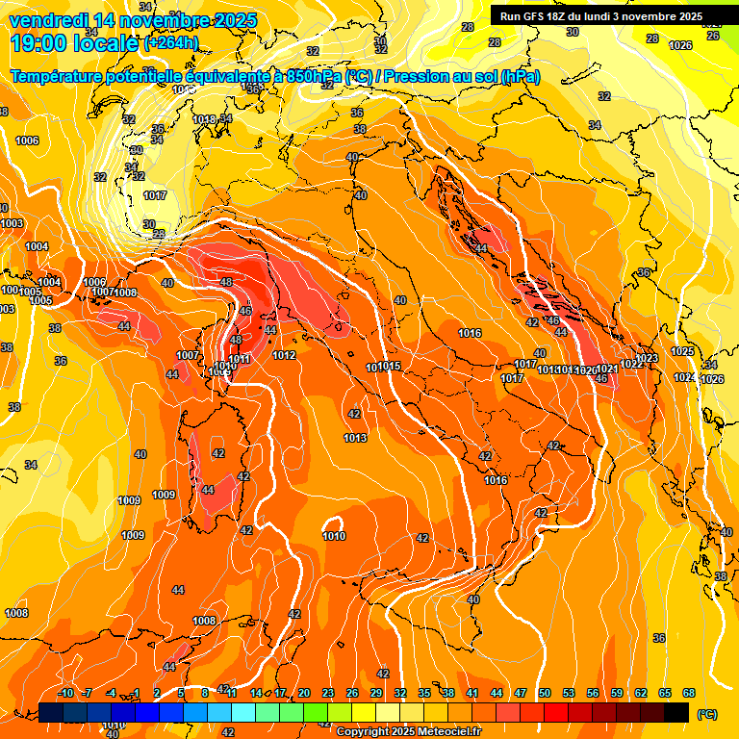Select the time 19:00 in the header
tap(38, 43)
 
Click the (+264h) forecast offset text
tap(170, 43)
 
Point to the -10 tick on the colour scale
tap(65, 693)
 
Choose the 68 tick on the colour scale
tap(688, 693)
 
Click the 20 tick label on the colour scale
tap(304, 693)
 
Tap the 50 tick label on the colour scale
tap(544, 693)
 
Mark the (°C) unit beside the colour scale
tap(706, 713)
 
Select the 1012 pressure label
tap(284, 355)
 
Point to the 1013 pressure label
tap(355, 438)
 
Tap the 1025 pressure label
tap(682, 351)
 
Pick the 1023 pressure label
tap(646, 358)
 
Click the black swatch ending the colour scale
tap(676, 712)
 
